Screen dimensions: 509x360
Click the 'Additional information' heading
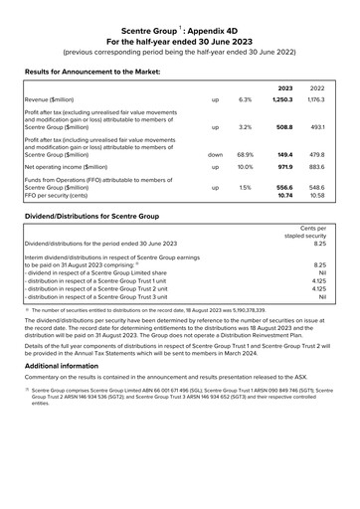tap(62, 366)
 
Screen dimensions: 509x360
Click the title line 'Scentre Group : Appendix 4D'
tap(180, 32)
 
